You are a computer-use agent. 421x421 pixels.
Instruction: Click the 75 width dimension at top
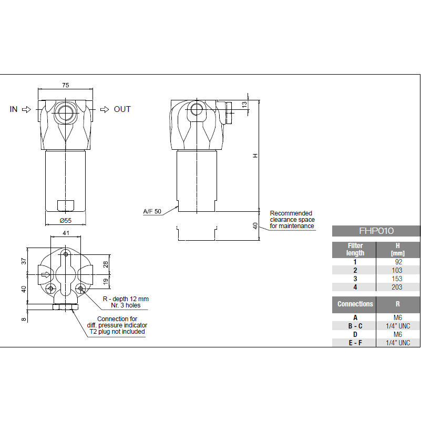[x=66, y=85]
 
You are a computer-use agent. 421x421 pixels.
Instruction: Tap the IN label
[x=14, y=109]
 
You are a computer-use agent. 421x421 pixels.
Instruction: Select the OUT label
[x=122, y=109]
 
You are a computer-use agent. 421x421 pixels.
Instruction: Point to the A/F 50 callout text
[x=152, y=211]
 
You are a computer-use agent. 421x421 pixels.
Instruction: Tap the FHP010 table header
[x=376, y=231]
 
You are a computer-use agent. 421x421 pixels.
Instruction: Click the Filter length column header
[x=355, y=249]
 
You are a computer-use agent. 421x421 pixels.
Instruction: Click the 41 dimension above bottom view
[x=66, y=232]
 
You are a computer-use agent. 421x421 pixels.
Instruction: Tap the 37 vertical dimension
[x=24, y=261]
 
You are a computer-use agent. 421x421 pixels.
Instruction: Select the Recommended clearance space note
[x=292, y=219]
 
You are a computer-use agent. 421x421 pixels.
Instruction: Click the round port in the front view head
[x=66, y=112]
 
